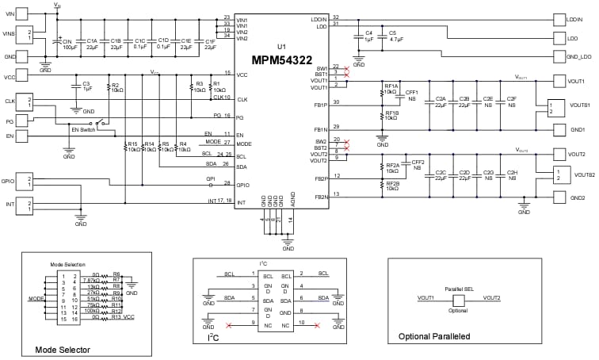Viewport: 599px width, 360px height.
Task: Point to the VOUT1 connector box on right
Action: pyautogui.click(x=574, y=82)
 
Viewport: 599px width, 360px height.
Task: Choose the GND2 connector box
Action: pyautogui.click(x=574, y=197)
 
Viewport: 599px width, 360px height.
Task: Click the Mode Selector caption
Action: pyautogui.click(x=63, y=350)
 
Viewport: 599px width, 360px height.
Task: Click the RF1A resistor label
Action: pyautogui.click(x=392, y=87)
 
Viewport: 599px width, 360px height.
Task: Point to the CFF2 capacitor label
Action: pyautogui.click(x=418, y=164)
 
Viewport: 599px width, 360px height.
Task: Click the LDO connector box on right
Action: pyautogui.click(x=574, y=37)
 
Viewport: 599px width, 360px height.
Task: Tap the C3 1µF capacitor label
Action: pyautogui.click(x=87, y=86)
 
